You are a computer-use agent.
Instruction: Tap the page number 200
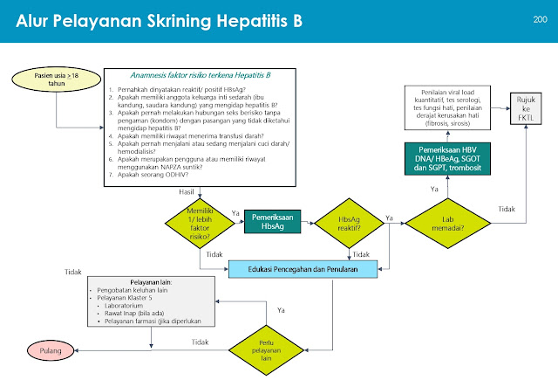click(539, 18)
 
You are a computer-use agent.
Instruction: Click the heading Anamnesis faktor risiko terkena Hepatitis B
click(201, 77)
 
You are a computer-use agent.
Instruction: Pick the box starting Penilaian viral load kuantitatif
click(447, 107)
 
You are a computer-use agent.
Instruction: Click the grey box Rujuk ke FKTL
click(525, 107)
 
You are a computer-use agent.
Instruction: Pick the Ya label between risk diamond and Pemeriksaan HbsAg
click(235, 211)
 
